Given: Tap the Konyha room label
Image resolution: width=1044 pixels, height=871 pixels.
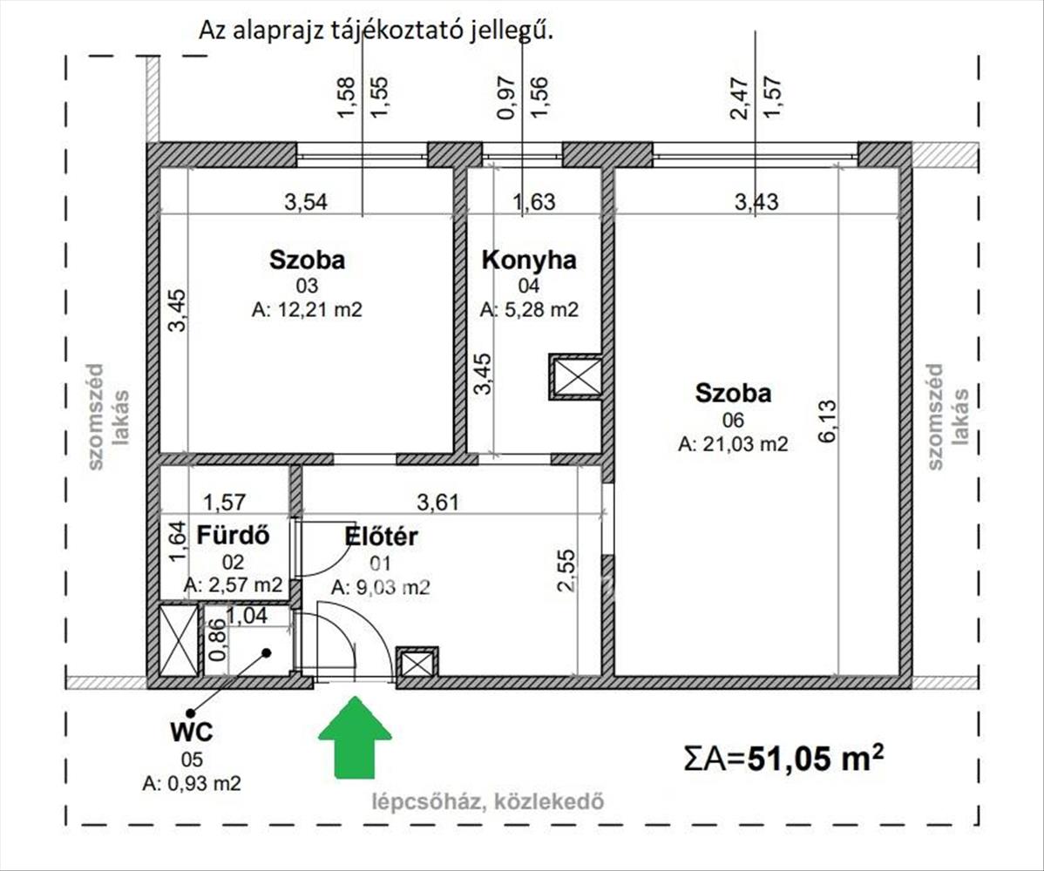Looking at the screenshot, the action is tap(529, 260).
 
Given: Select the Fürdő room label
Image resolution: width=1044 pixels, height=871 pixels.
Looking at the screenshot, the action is tap(233, 535).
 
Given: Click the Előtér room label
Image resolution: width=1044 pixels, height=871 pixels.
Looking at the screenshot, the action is tap(381, 537).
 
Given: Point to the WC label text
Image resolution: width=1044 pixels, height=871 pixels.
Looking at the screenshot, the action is tap(192, 732).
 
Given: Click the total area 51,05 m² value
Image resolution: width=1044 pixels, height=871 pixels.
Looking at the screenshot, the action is tap(816, 758).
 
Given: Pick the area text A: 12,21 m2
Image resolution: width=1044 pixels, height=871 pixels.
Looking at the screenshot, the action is tap(307, 310).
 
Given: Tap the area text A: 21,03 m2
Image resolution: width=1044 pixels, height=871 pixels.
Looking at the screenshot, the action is tap(732, 444).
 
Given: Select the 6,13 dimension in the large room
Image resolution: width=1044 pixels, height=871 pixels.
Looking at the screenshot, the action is tap(828, 421).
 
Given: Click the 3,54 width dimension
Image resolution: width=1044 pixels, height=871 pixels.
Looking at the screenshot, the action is tap(306, 201).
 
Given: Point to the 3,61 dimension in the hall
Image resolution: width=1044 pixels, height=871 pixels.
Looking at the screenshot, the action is tap(437, 502).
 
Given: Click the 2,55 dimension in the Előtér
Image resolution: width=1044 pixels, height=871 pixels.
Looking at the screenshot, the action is tap(566, 570).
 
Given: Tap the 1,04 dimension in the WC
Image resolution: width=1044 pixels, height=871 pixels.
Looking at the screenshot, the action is tap(247, 616).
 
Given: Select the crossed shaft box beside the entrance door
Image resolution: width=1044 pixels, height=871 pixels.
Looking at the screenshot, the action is tap(417, 663).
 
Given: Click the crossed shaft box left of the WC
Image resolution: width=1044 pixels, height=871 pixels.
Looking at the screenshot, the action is tap(179, 639).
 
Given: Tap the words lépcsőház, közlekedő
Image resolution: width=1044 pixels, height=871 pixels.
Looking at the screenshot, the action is tap(488, 802).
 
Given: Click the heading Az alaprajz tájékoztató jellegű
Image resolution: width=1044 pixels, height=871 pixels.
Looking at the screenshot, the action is tap(376, 31).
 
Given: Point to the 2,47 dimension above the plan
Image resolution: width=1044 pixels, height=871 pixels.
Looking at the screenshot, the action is tap(741, 98).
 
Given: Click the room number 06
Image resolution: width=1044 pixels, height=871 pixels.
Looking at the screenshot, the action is tap(732, 420).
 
